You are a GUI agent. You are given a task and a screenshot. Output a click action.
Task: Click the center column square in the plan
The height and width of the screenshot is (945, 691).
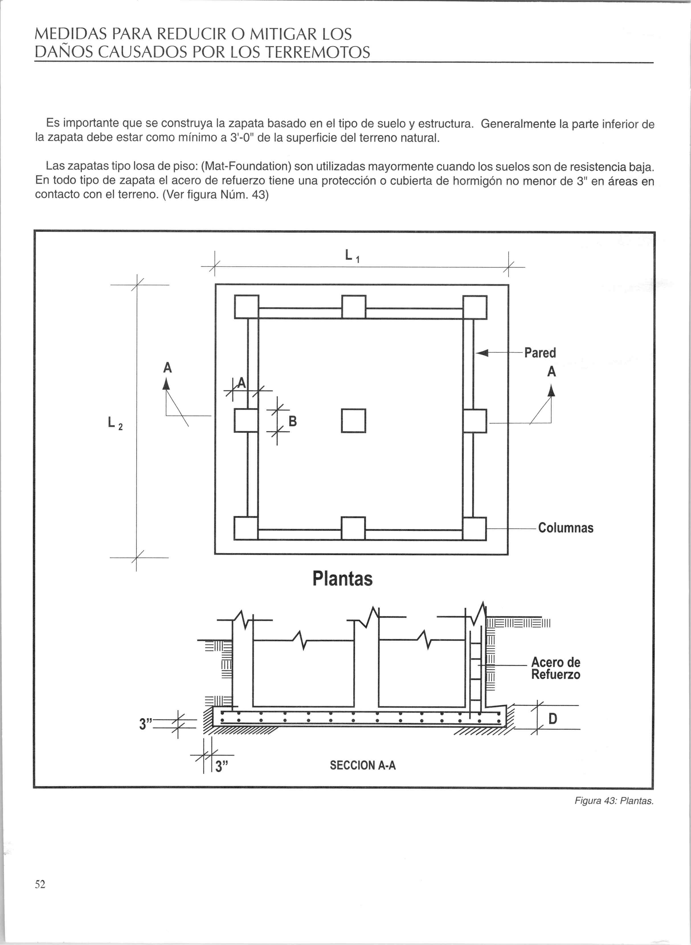coord(353,421)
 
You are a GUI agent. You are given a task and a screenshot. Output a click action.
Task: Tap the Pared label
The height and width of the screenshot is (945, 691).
coord(540,353)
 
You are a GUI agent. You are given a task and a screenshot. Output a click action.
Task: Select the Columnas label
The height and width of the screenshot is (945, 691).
coord(565,528)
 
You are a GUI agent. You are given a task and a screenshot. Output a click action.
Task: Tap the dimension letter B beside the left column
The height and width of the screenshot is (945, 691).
coord(293,421)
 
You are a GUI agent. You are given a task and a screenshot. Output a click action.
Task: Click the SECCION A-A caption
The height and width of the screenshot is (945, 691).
coord(363,766)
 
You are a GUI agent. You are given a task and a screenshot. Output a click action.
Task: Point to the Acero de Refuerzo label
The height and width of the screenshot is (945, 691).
coord(555,668)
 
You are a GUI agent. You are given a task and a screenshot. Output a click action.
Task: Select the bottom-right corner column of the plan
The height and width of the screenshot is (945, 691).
coord(475,529)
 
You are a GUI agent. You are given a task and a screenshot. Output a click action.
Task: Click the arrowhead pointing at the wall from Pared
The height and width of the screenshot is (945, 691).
coord(482,353)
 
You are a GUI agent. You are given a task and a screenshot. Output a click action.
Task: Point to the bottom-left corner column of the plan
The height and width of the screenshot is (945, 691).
coord(246,529)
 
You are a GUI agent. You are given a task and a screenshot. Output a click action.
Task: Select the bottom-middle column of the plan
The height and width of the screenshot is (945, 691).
coord(353,529)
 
